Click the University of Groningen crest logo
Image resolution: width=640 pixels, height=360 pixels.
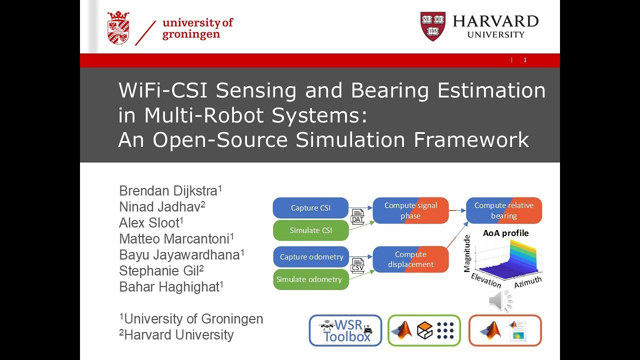(118, 27)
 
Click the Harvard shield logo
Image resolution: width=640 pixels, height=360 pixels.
(432, 26)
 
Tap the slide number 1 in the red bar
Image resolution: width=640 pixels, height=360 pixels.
(525, 60)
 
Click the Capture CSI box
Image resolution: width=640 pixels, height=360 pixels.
(310, 208)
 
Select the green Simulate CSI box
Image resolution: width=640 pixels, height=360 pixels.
(310, 230)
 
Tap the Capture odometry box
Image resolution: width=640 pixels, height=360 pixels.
(311, 257)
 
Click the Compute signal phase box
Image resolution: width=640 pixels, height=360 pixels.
(410, 210)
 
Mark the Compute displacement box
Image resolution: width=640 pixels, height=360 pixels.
(410, 259)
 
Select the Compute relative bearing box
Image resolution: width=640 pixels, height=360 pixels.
(503, 210)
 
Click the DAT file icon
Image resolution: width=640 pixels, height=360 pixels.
(357, 216)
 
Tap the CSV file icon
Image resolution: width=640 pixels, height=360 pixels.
(357, 265)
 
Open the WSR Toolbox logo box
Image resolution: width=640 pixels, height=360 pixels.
(345, 330)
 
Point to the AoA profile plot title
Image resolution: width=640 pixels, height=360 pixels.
(505, 233)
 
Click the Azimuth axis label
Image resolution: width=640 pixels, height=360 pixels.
(527, 282)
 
